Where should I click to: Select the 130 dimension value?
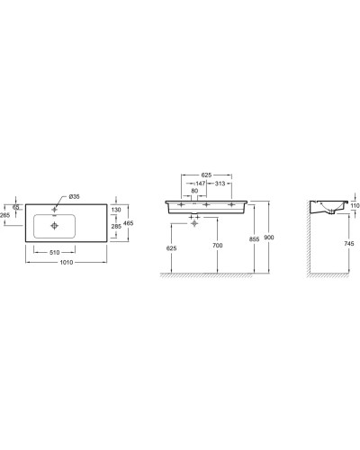click(x=114, y=209)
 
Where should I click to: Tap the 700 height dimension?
click(x=217, y=245)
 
